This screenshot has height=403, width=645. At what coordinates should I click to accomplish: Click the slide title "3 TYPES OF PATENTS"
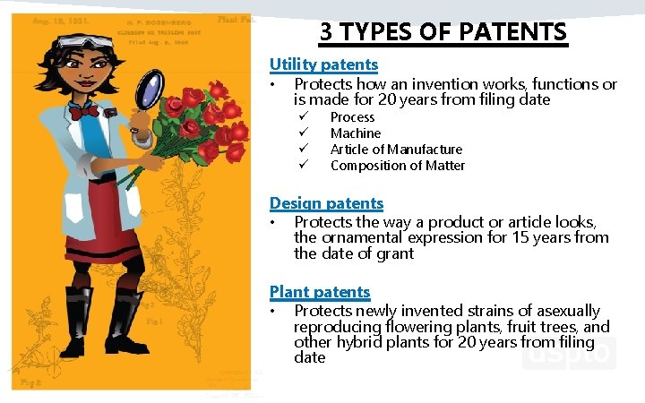tap(443, 32)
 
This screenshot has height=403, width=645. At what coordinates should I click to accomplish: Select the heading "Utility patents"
tap(323, 64)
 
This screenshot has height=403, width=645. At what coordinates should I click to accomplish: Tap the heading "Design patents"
tap(326, 203)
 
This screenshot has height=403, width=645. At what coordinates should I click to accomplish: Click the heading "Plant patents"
tap(320, 292)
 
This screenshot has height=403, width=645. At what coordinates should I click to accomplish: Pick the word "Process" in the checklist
tap(352, 117)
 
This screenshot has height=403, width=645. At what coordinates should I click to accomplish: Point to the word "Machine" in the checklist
tap(356, 133)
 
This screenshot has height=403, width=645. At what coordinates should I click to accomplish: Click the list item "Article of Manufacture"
tap(396, 150)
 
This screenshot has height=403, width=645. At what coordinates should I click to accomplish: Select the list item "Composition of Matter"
tap(398, 166)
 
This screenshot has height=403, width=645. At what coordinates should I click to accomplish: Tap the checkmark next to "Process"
tap(304, 117)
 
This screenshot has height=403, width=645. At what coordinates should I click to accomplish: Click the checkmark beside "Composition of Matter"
tap(304, 166)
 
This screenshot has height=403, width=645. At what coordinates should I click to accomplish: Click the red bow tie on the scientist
tap(84, 112)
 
